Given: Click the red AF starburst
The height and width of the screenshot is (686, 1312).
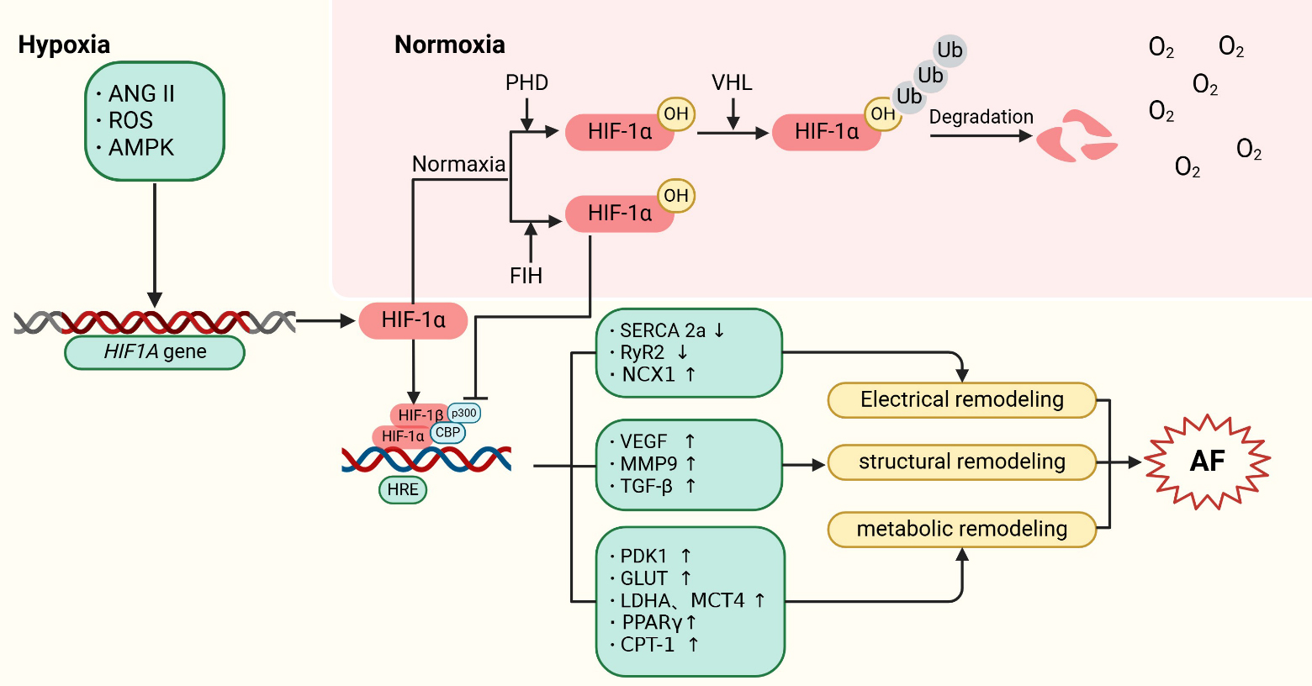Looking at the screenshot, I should (1207, 461).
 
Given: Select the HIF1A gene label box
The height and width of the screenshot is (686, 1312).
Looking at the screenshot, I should (155, 352).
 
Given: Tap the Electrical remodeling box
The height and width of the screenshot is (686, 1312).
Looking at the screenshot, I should (962, 400).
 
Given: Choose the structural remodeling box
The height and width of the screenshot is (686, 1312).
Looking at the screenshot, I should (962, 462).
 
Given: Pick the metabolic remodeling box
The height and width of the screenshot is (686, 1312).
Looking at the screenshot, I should (962, 530).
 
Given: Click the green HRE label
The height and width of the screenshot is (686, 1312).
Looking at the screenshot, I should (403, 490).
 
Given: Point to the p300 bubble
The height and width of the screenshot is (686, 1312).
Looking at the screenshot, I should (464, 413).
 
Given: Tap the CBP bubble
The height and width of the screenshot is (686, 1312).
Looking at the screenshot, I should (447, 433).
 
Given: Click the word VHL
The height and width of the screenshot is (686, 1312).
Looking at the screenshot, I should (732, 83).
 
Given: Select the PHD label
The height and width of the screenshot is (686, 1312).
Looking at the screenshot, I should (526, 83).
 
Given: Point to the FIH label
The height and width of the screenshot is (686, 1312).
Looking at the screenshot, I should (526, 276).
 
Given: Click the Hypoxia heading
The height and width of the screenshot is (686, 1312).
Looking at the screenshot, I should (64, 45).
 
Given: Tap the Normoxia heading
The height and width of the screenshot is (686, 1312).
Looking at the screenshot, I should (450, 45).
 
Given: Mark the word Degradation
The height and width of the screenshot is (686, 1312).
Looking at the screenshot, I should (981, 117).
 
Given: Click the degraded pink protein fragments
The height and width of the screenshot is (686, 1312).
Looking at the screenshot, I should (1076, 136).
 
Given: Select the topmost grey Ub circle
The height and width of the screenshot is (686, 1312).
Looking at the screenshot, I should (950, 50).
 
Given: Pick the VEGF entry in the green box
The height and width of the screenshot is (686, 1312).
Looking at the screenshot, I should (643, 441).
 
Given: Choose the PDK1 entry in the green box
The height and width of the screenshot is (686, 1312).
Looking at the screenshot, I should (643, 557).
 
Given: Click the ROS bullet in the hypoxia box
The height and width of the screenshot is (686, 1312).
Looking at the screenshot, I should (130, 120).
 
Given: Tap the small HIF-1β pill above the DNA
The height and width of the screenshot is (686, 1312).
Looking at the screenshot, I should (419, 415).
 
